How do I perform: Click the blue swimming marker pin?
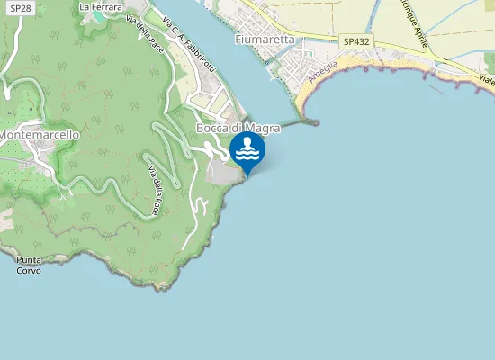pos(247,151)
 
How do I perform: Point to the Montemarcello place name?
pos(40,134)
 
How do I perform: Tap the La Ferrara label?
pos(100,6)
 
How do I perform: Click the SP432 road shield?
pos(356,41)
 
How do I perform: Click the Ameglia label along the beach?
pos(320,71)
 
